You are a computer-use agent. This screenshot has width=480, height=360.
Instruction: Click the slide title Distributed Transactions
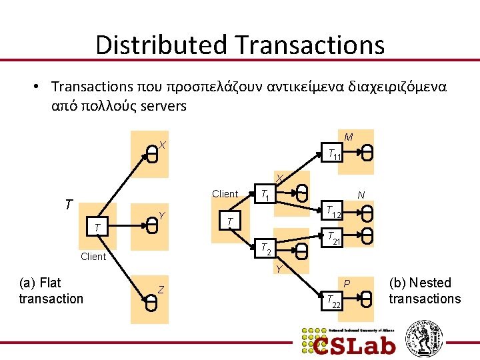(x=240, y=45)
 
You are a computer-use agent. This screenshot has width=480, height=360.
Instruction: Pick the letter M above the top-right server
(x=349, y=137)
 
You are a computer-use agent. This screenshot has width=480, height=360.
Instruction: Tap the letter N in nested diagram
(x=361, y=195)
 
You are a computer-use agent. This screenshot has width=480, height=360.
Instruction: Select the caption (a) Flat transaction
(x=51, y=291)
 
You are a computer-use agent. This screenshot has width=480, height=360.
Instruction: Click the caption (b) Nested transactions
(x=425, y=291)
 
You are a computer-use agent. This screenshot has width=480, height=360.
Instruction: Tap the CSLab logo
(x=347, y=341)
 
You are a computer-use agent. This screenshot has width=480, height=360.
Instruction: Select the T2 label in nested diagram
(x=265, y=249)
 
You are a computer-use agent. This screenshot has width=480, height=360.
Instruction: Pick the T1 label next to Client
(x=265, y=195)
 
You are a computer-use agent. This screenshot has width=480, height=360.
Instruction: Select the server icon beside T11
(x=367, y=153)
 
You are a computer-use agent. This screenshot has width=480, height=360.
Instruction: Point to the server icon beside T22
(x=367, y=300)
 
